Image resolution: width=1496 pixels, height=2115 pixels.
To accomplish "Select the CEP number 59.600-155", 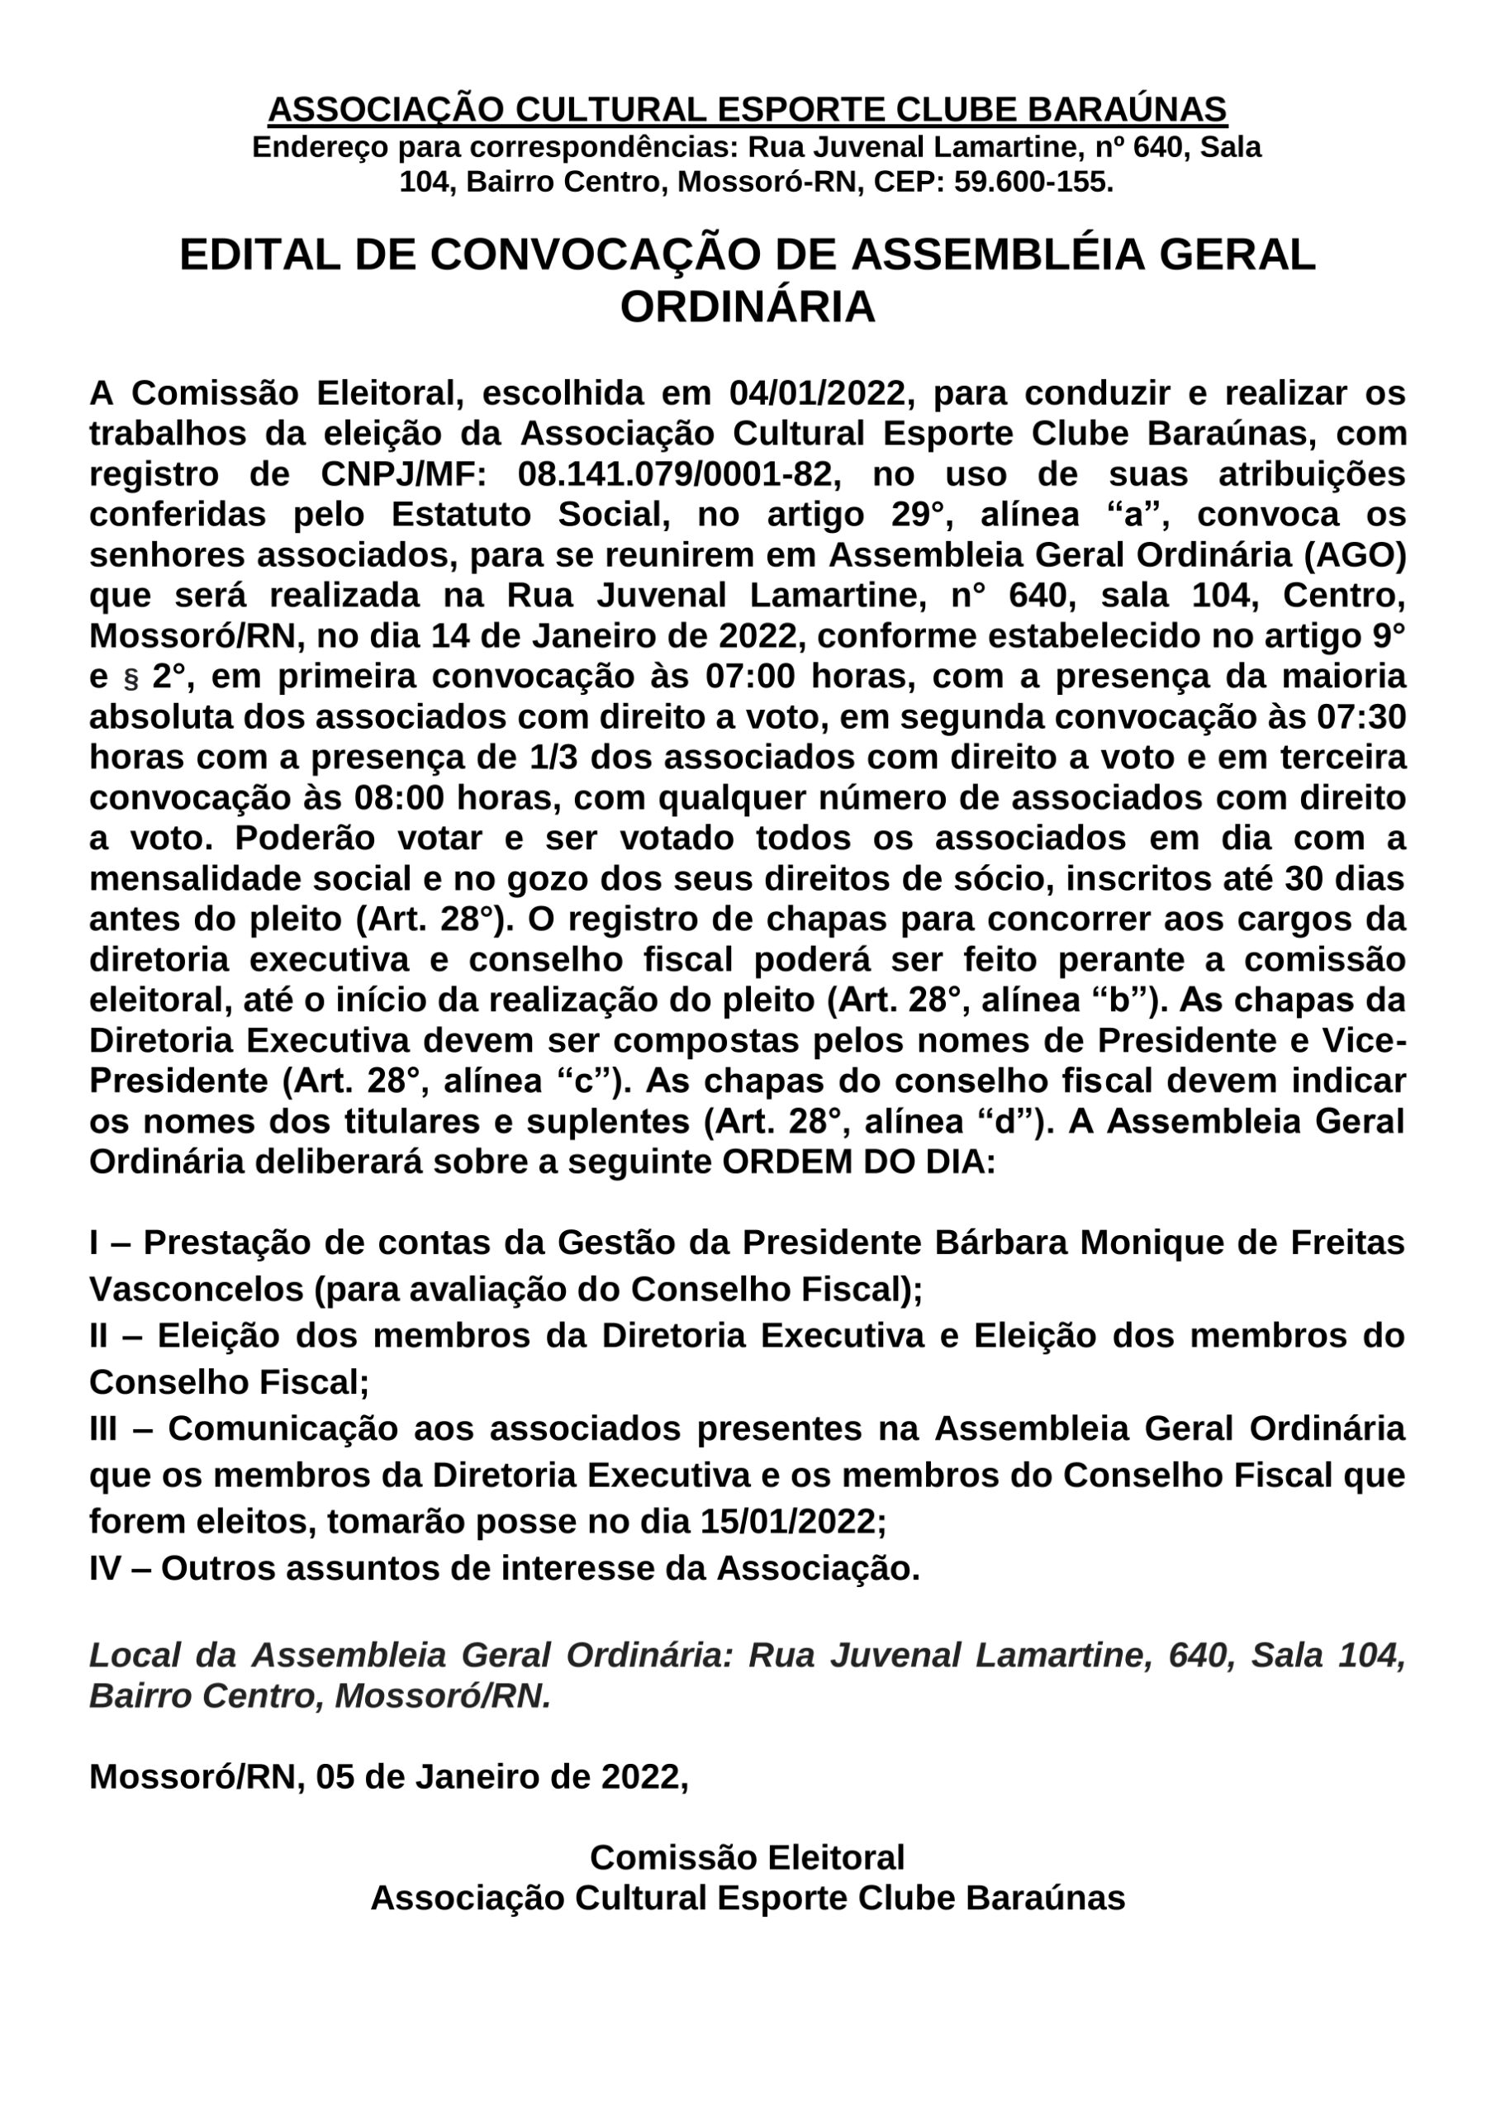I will tap(1033, 183).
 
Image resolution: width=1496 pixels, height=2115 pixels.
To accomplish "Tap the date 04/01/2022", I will tap(817, 393).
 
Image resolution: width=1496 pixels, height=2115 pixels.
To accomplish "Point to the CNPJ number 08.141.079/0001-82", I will tap(679, 474).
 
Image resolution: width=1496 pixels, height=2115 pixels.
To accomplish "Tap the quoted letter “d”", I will tap(1007, 1122).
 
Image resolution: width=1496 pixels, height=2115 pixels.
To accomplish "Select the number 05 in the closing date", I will tap(335, 1776).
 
